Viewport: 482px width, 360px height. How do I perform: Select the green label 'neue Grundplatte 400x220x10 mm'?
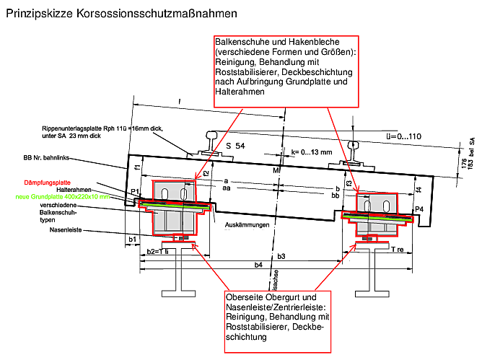pos(66,196)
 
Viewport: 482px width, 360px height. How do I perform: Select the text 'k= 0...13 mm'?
pos(312,152)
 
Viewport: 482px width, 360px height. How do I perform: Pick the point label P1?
pos(135,191)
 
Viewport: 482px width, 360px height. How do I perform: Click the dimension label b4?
pos(258,265)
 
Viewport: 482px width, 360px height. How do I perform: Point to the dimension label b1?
pos(132,238)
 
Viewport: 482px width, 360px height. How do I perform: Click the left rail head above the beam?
pos(214,135)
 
